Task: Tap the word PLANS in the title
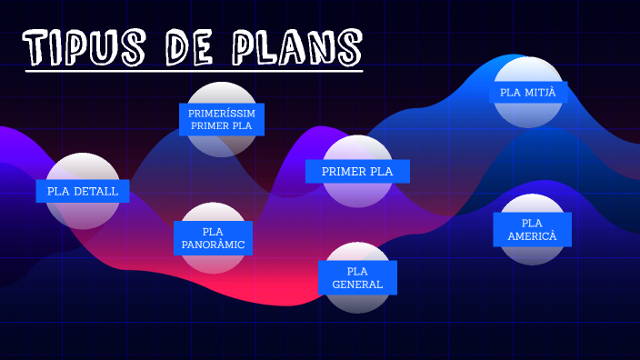pyautogui.click(x=301, y=46)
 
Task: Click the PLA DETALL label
pyautogui.click(x=83, y=191)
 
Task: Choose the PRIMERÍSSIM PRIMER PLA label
pyautogui.click(x=222, y=119)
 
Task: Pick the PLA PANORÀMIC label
pyautogui.click(x=213, y=238)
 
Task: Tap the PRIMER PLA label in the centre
pyautogui.click(x=357, y=171)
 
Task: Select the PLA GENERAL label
pyautogui.click(x=357, y=277)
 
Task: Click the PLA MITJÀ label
pyautogui.click(x=527, y=92)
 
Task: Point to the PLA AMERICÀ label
pyautogui.click(x=533, y=229)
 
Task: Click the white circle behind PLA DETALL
pyautogui.click(x=83, y=168)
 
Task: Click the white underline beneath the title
pyautogui.click(x=194, y=70)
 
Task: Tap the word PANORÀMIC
pyautogui.click(x=213, y=245)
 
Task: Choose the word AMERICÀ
pyautogui.click(x=533, y=236)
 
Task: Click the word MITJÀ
pyautogui.click(x=541, y=92)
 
